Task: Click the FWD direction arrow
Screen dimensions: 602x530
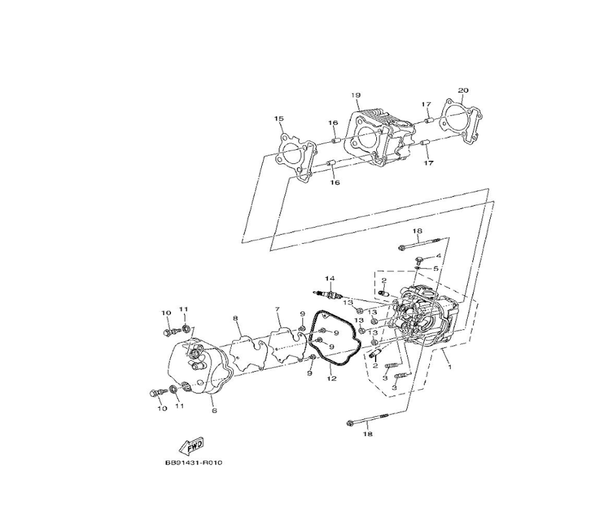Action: coord(191,446)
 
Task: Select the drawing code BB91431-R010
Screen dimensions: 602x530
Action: coord(194,463)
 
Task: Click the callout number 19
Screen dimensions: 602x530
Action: coord(356,95)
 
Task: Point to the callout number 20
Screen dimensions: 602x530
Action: coord(464,90)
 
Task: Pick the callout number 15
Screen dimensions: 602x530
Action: coord(279,119)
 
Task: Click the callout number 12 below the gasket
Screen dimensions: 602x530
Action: coord(332,378)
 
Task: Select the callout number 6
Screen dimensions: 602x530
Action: coord(214,411)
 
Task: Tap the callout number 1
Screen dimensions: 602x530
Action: coord(450,367)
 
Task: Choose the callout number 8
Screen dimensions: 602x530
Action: coord(236,318)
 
